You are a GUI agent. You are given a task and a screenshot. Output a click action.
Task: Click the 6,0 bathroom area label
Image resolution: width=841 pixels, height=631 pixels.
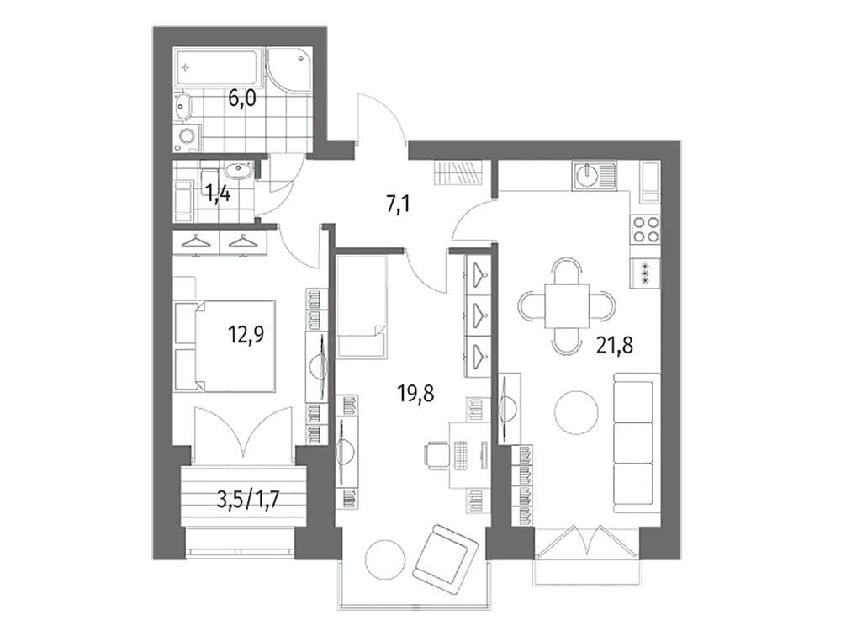coord(243,100)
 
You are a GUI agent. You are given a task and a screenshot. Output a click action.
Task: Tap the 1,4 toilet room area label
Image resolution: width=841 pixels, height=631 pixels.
coord(220,193)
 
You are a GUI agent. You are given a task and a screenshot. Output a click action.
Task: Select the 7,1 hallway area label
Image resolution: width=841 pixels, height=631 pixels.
coord(399,204)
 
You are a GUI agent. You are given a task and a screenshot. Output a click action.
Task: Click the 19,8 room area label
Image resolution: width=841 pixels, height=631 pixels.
coord(416,394)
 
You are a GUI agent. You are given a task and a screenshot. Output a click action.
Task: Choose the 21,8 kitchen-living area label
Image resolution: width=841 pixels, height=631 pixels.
coord(616,346)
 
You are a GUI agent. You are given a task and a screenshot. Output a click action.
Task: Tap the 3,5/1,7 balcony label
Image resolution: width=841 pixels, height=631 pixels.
coord(248,502)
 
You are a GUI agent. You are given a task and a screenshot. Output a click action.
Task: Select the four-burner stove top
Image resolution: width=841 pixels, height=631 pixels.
coord(645,229)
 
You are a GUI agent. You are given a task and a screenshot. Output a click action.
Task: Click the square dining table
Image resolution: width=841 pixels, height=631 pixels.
coord(567,306)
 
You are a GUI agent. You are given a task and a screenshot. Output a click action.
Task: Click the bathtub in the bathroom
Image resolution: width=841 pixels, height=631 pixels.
coord(220,67)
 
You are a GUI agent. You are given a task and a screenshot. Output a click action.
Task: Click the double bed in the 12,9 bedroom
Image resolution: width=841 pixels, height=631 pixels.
coord(225,346)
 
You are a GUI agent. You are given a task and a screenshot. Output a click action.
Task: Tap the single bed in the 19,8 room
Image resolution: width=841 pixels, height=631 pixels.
coord(362,306)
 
